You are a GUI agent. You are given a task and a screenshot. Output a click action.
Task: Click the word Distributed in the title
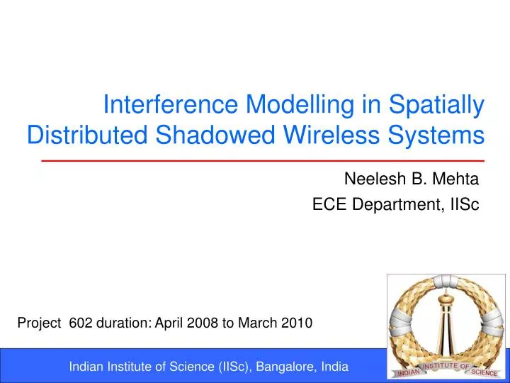click(x=88, y=134)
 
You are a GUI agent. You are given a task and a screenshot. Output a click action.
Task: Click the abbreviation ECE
click(x=328, y=205)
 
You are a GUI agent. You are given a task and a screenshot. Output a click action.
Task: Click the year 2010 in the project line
click(x=297, y=323)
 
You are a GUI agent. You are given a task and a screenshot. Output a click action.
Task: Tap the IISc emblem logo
click(x=446, y=326)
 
